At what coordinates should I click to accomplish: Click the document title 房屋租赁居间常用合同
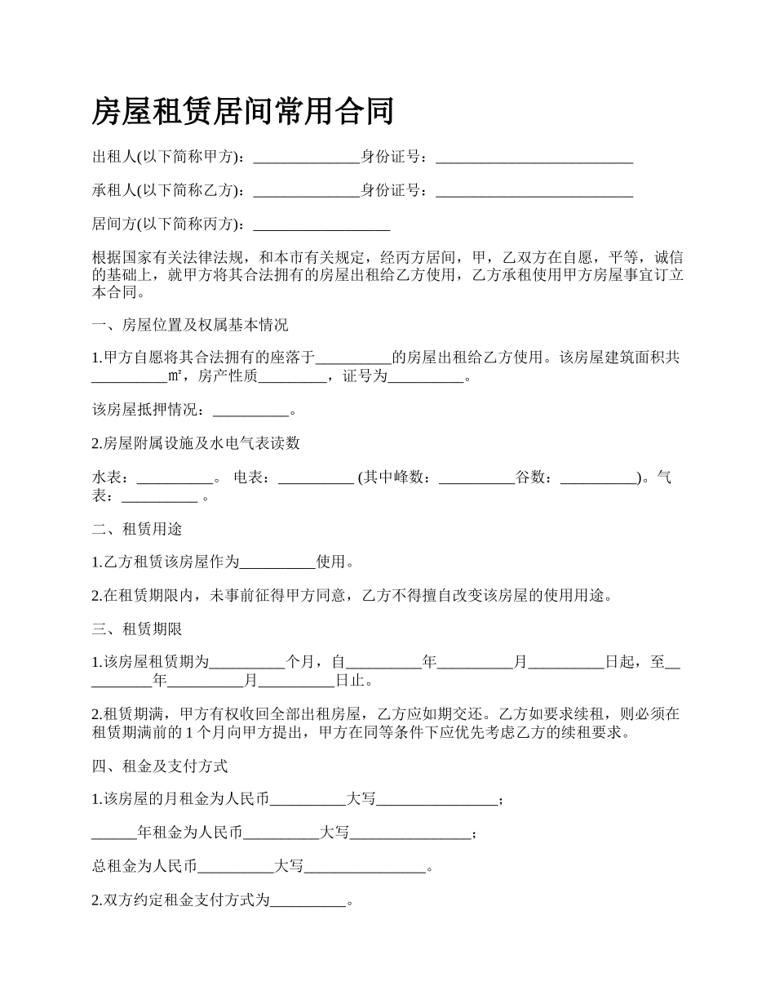tap(242, 111)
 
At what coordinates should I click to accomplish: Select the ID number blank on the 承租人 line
tap(534, 191)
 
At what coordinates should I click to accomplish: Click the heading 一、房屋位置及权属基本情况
tap(190, 325)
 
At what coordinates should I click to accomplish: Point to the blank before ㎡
tap(130, 376)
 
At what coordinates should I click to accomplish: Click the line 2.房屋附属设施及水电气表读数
tap(196, 443)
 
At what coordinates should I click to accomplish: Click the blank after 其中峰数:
tap(476, 478)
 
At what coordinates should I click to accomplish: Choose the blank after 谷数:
tap(599, 478)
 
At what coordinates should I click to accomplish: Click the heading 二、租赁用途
tap(137, 529)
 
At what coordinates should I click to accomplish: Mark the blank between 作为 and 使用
tap(277, 562)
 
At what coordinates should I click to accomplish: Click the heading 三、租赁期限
tap(137, 629)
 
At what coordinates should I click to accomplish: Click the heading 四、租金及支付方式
tap(160, 766)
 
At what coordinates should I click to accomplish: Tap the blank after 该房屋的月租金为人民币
tap(308, 799)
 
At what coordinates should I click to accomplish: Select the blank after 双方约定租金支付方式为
tap(308, 901)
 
